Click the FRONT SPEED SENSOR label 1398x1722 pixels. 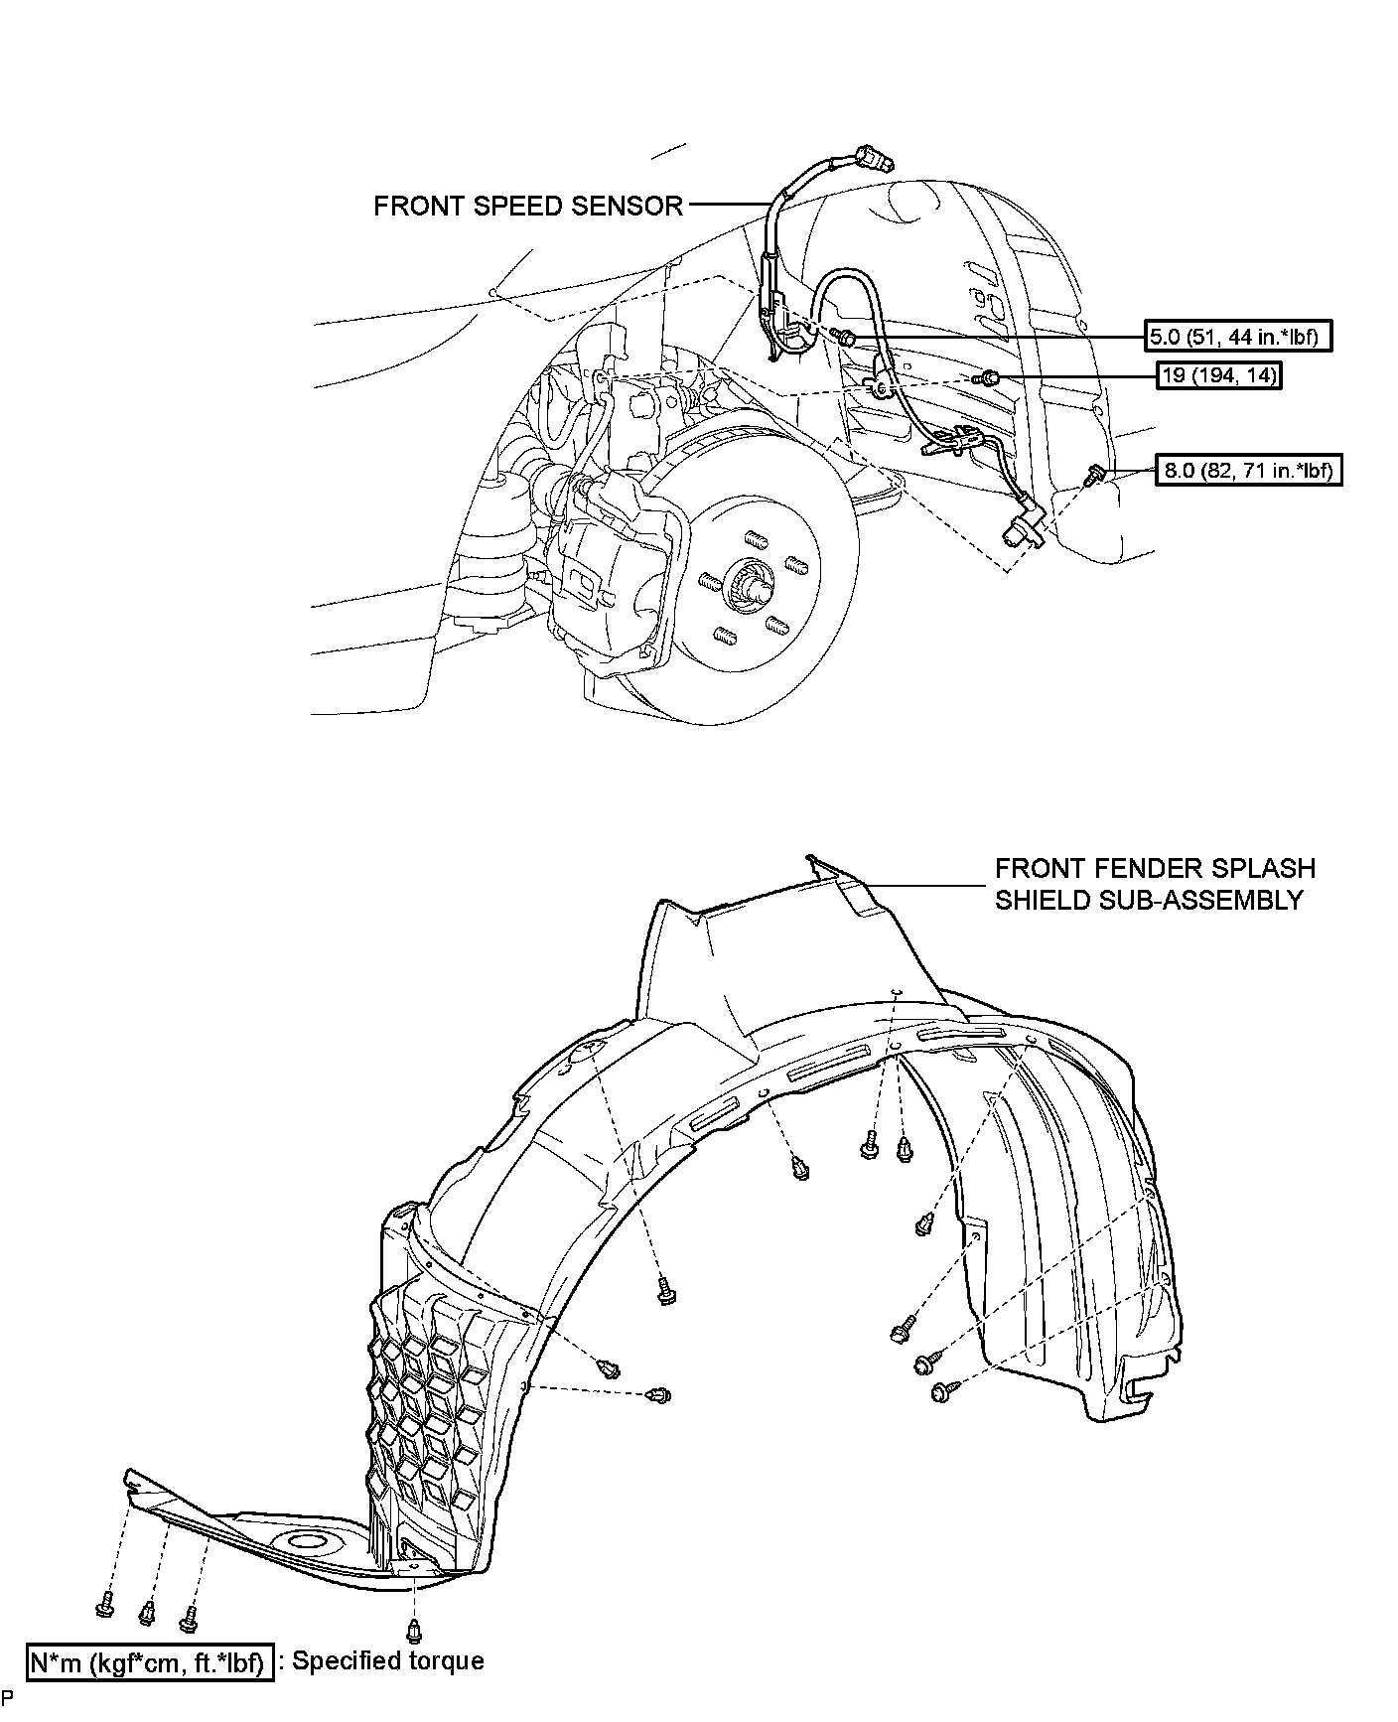(x=527, y=206)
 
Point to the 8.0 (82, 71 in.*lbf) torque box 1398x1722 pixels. (x=1247, y=470)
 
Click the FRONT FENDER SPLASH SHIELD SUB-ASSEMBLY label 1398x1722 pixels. (x=1155, y=884)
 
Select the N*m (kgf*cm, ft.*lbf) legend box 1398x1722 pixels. (x=149, y=1661)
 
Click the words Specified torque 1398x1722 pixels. (x=387, y=1660)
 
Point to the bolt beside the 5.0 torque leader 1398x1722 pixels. (x=846, y=340)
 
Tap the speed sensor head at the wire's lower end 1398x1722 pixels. (x=1024, y=525)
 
